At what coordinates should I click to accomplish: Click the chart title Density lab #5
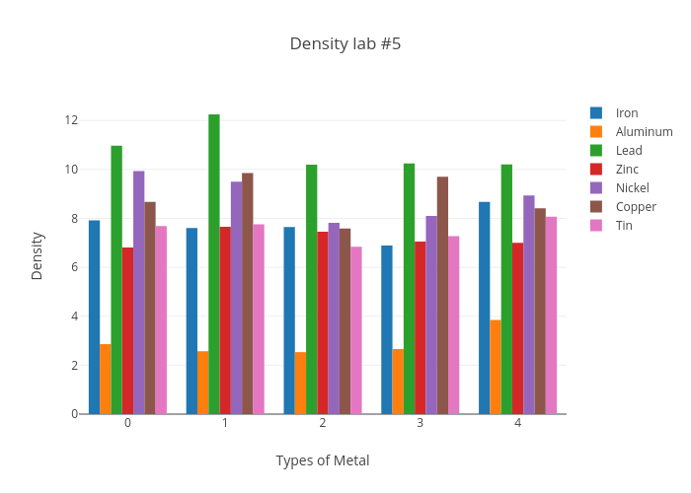click(x=345, y=44)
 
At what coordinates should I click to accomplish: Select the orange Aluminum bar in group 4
click(x=496, y=367)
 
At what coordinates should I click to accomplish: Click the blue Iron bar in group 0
click(x=94, y=317)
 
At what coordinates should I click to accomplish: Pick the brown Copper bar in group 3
click(x=442, y=296)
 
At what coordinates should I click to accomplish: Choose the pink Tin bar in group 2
click(x=356, y=330)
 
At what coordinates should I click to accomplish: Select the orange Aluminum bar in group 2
click(x=300, y=383)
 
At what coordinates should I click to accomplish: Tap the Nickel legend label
click(x=633, y=188)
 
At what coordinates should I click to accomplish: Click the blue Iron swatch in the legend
click(x=596, y=112)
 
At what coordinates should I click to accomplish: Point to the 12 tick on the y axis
click(x=71, y=120)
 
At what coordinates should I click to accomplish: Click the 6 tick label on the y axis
click(x=74, y=267)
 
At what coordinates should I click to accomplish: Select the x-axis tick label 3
click(x=421, y=423)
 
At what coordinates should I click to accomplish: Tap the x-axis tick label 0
click(x=127, y=423)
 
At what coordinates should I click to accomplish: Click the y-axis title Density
click(x=38, y=255)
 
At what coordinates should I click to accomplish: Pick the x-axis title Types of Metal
click(x=323, y=460)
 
